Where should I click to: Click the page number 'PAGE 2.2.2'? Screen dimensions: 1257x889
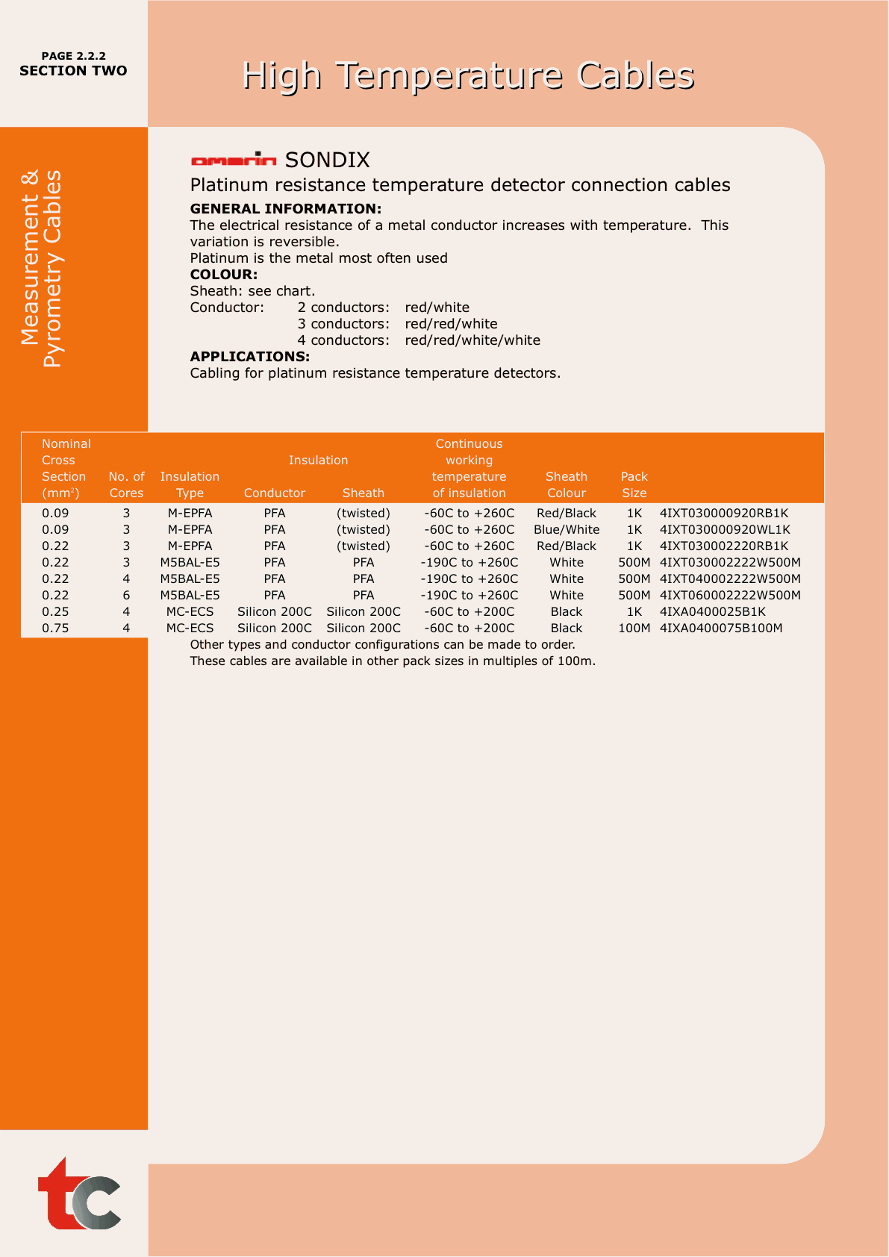(x=73, y=56)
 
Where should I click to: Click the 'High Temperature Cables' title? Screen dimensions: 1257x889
(x=468, y=75)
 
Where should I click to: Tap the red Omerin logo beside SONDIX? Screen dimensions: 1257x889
(x=234, y=159)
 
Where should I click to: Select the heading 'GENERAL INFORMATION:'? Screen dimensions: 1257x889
(x=286, y=209)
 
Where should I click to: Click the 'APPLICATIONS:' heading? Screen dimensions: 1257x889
(x=250, y=357)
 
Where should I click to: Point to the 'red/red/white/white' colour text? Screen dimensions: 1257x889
(x=472, y=340)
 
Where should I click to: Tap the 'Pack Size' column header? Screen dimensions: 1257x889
(x=634, y=484)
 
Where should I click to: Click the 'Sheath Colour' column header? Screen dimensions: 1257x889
(x=567, y=484)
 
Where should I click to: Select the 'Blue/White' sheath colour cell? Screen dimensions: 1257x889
(x=567, y=530)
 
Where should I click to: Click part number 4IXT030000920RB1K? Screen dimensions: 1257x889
(x=724, y=514)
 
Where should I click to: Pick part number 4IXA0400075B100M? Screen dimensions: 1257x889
(x=721, y=628)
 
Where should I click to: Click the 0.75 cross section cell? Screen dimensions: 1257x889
(x=55, y=628)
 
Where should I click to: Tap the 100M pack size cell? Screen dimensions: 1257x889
(x=634, y=628)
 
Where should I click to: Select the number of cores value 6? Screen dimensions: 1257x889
(x=126, y=596)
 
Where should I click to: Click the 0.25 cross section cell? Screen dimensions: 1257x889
(x=55, y=612)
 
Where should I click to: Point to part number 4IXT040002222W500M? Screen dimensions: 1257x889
(x=730, y=579)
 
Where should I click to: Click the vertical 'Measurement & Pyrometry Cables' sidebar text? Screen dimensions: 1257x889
(x=42, y=269)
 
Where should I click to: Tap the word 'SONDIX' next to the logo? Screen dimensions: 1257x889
(x=328, y=160)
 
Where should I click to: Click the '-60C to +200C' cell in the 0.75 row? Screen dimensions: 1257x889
(x=470, y=628)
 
